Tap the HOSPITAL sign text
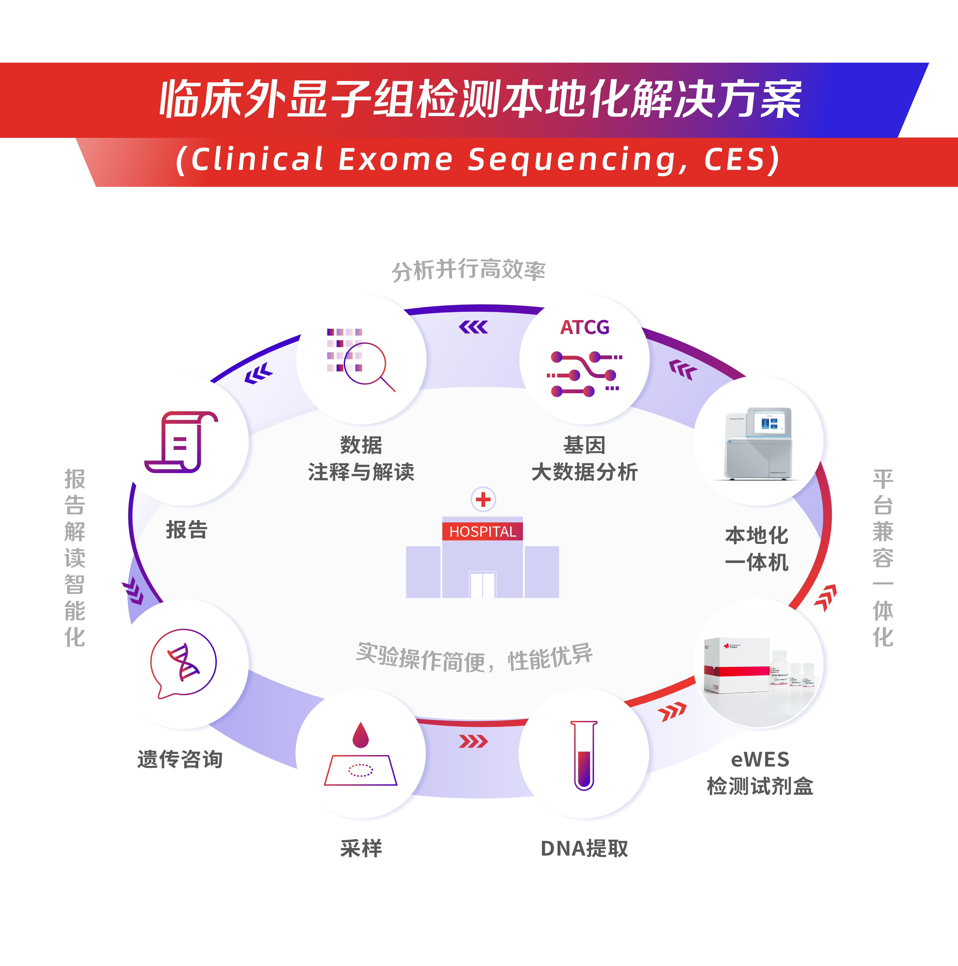point(482,531)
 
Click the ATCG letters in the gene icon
point(584,327)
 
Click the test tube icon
point(584,755)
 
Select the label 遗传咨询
point(180,759)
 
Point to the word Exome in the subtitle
point(395,160)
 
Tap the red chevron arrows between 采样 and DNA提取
point(473,741)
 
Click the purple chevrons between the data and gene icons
point(473,327)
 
